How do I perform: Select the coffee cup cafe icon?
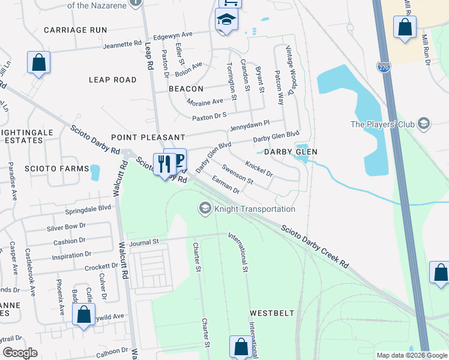pos(178,159)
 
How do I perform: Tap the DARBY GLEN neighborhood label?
pos(291,152)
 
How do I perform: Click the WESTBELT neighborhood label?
pos(272,313)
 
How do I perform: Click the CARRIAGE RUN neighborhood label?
pos(75,29)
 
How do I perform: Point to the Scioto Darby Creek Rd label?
pos(315,247)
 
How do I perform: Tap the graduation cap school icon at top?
pos(227,20)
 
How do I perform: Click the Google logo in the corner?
pos(20,353)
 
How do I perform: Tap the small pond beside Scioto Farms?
pos(94,172)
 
